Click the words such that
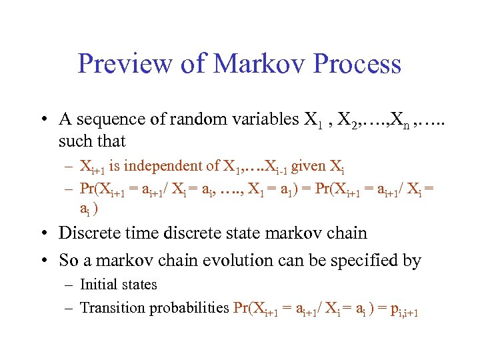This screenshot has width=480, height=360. click(92, 141)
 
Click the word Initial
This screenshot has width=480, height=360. click(97, 285)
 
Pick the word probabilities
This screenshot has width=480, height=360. click(189, 308)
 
